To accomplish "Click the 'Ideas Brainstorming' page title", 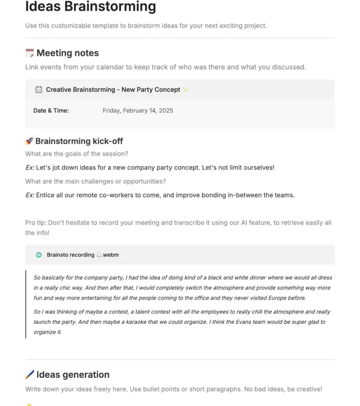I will click(x=91, y=7).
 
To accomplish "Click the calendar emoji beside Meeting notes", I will click(x=30, y=53).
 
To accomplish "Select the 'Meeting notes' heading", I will click(x=67, y=53).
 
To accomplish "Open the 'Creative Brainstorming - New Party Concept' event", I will click(x=112, y=90).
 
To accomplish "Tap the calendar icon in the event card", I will click(x=39, y=90).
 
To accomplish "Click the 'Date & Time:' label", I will click(x=51, y=110).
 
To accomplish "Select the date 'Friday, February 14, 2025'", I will click(x=138, y=110).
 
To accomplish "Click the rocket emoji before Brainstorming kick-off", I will click(x=29, y=141).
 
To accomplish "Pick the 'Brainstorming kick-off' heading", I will click(x=79, y=141).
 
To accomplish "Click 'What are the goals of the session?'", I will click(x=76, y=154).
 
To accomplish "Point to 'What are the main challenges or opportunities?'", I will click(x=95, y=181).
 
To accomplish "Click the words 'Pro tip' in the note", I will click(x=37, y=222).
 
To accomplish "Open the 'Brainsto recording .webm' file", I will click(x=82, y=255).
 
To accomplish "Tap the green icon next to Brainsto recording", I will click(x=39, y=255).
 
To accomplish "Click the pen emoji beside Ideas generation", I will click(x=30, y=375).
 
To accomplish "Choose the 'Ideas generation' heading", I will click(x=73, y=375).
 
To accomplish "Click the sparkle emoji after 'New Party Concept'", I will click(x=186, y=90).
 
